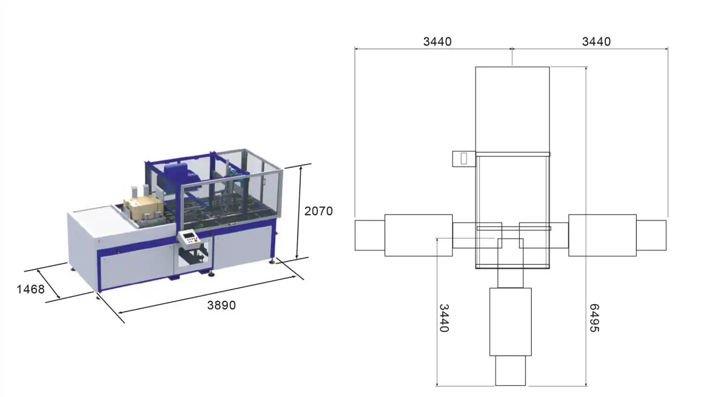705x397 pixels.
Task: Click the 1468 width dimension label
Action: click(30, 289)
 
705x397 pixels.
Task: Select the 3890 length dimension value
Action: click(221, 305)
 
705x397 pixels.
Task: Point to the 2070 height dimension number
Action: click(318, 211)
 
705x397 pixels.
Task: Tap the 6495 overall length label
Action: click(594, 318)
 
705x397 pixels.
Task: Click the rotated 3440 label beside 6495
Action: click(444, 318)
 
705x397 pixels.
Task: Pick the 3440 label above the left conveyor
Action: click(437, 41)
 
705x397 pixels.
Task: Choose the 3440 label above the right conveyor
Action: click(596, 41)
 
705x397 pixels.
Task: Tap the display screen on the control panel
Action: click(188, 235)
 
